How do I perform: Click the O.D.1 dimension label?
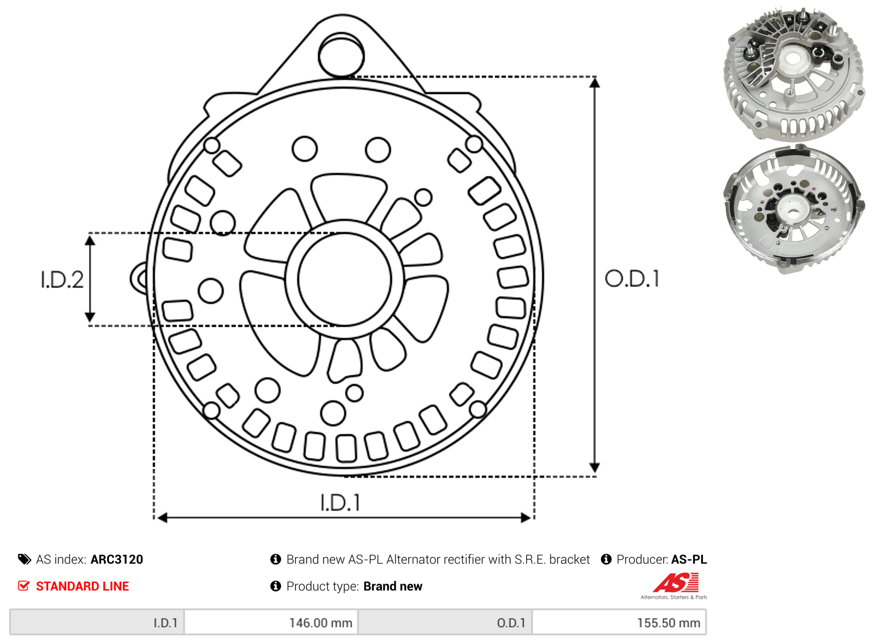(x=632, y=279)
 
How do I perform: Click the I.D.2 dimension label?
(x=62, y=280)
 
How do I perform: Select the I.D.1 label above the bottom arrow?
(x=340, y=503)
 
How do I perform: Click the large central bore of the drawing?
(x=345, y=279)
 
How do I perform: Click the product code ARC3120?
(x=117, y=560)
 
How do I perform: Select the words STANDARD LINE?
(x=82, y=587)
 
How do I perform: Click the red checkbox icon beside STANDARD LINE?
(x=24, y=586)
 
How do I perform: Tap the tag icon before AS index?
(x=25, y=559)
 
